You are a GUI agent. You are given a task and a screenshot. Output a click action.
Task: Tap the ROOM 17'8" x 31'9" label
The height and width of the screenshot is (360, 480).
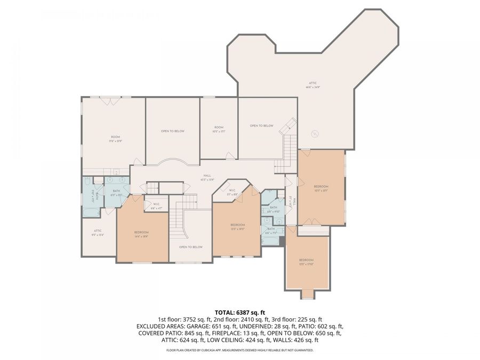[x=113, y=139]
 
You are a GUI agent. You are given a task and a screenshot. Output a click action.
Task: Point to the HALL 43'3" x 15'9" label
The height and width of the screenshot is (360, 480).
[x=207, y=177]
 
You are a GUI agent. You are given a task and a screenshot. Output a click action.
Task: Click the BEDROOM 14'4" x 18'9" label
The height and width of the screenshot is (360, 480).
[x=141, y=234]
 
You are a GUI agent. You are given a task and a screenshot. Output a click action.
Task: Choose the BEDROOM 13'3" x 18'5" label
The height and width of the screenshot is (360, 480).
[x=237, y=226]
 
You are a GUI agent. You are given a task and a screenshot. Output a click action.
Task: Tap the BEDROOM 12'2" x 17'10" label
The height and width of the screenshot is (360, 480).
[x=306, y=261]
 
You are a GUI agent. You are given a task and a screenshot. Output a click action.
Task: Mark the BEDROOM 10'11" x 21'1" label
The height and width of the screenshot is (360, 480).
[x=321, y=187]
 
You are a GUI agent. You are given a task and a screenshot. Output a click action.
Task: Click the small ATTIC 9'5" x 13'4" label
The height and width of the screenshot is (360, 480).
[x=98, y=232]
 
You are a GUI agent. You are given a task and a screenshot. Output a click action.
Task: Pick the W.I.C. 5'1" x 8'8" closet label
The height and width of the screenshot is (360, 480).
[x=233, y=191]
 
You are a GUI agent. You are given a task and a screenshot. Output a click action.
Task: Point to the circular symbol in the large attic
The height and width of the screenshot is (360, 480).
[x=315, y=134]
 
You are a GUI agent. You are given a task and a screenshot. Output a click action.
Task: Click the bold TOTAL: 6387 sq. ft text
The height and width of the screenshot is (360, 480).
[x=239, y=312]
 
